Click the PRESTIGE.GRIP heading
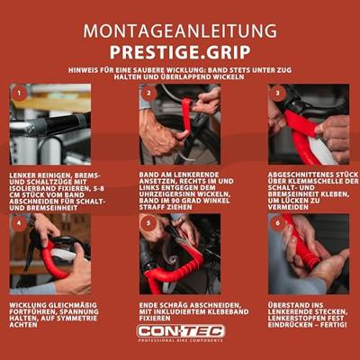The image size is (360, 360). point(180,50)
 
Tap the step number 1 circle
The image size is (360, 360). point(20,92)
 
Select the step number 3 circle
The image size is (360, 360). point(278,92)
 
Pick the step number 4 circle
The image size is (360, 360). point(20,221)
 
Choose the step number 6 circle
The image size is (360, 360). point(278,221)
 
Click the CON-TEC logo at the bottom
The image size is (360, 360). point(179,331)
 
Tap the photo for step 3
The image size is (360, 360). point(309,124)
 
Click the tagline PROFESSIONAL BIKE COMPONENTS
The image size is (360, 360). point(179,342)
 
